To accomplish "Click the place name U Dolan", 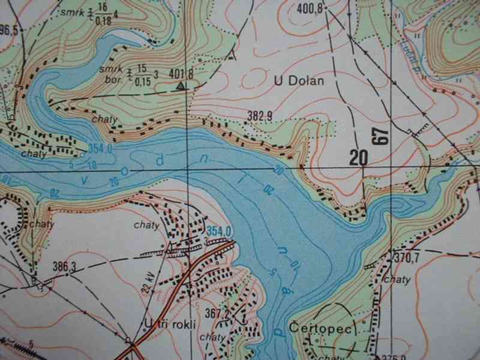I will pyautogui.click(x=290, y=80).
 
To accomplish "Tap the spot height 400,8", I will pyautogui.click(x=310, y=8).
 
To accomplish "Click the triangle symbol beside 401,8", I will pyautogui.click(x=181, y=86).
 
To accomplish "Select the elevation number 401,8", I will pyautogui.click(x=181, y=74).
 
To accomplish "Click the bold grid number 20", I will pyautogui.click(x=358, y=158).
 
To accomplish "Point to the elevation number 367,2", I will pyautogui.click(x=218, y=313).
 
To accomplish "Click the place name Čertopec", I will pyautogui.click(x=314, y=328).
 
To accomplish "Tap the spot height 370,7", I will pyautogui.click(x=406, y=258).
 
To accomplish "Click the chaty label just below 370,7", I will pyautogui.click(x=397, y=279).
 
